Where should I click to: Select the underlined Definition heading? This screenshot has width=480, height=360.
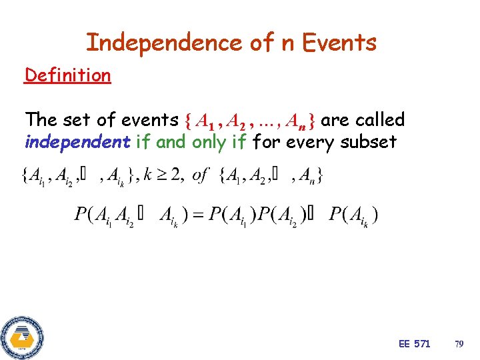(x=67, y=75)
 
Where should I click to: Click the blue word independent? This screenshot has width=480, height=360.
(x=77, y=141)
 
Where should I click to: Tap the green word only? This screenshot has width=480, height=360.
(x=209, y=141)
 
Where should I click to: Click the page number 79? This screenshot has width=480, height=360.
(x=459, y=344)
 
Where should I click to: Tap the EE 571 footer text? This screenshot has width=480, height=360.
(x=414, y=344)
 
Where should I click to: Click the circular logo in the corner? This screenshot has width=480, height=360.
(x=22, y=337)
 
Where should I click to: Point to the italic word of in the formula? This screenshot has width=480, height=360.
(x=201, y=175)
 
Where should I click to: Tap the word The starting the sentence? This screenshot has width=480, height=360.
(x=41, y=120)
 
